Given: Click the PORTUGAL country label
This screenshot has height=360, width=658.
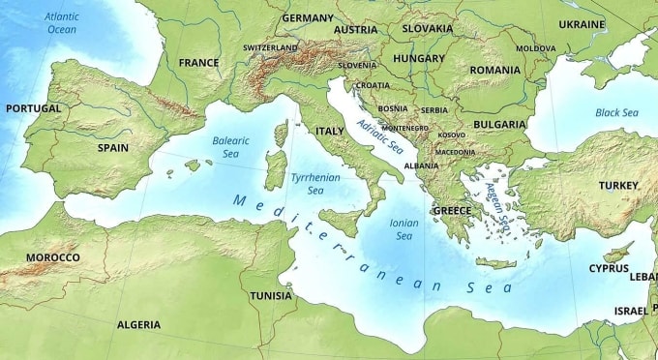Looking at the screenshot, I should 33,108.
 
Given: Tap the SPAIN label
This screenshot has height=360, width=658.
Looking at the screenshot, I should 113,148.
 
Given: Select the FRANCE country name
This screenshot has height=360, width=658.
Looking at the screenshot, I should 198,62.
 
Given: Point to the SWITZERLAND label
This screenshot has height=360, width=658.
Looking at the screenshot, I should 270,47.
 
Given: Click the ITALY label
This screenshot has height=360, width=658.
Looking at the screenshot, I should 330,130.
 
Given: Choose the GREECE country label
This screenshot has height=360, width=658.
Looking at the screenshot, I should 452,210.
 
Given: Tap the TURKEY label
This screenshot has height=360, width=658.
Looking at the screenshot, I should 618,185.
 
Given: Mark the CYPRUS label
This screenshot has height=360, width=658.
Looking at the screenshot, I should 609,268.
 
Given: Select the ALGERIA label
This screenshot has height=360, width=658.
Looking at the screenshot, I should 138,324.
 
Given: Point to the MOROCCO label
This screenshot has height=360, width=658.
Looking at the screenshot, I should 53,257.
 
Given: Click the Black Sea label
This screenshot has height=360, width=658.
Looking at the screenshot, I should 616,113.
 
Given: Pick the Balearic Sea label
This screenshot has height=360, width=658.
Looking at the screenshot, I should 230,147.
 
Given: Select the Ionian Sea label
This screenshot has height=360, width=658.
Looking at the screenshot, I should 404,228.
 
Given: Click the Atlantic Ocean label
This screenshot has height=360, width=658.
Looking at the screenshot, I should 62,23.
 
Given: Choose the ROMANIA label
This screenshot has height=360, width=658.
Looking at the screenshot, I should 494,70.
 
